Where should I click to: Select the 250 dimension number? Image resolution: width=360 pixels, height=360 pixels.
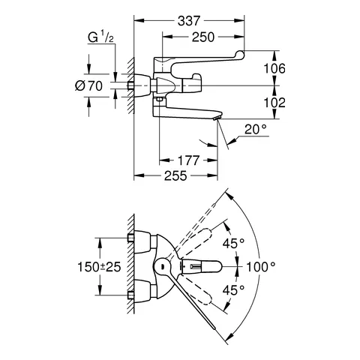204,37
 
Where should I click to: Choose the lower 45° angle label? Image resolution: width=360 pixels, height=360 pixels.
235,292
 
